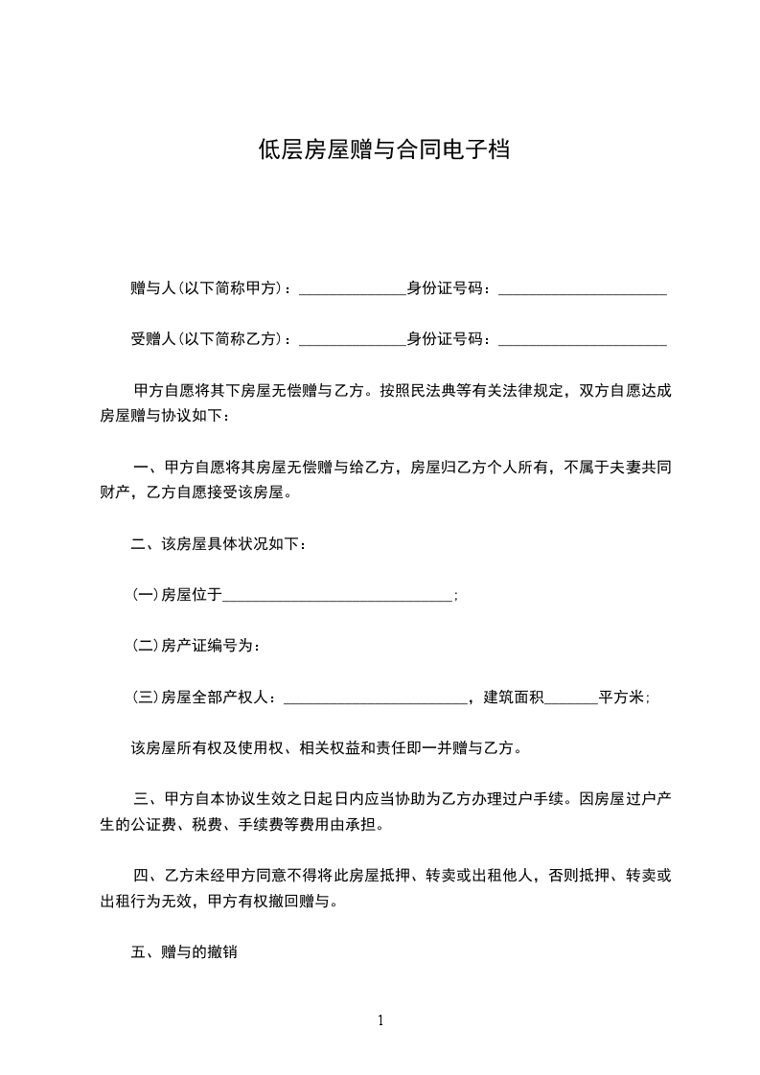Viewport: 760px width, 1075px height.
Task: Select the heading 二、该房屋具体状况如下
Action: (219, 544)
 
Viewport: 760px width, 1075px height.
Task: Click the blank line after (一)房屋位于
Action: (337, 596)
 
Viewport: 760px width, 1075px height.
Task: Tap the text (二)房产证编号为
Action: (196, 647)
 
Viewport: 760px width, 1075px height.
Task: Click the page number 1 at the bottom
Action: (380, 1020)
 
